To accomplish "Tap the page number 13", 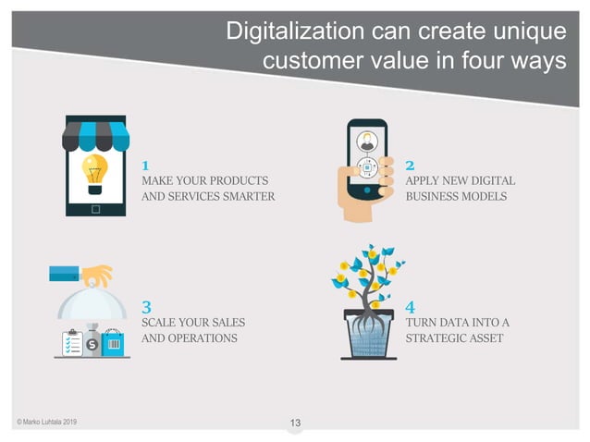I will [x=295, y=424].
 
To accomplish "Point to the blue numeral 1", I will [x=145, y=165].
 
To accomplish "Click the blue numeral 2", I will [x=410, y=165].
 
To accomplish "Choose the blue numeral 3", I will [x=146, y=305].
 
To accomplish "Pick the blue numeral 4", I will [x=410, y=305].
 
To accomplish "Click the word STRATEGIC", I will [x=439, y=338].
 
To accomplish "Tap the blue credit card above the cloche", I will [x=64, y=274].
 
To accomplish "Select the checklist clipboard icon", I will [x=69, y=343].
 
